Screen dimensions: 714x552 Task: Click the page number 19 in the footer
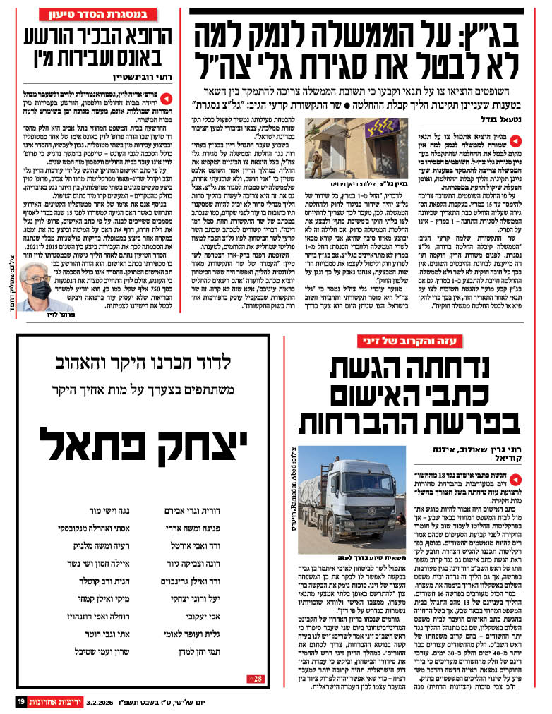click(x=21, y=702)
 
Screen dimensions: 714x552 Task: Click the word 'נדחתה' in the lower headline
click(x=451, y=371)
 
